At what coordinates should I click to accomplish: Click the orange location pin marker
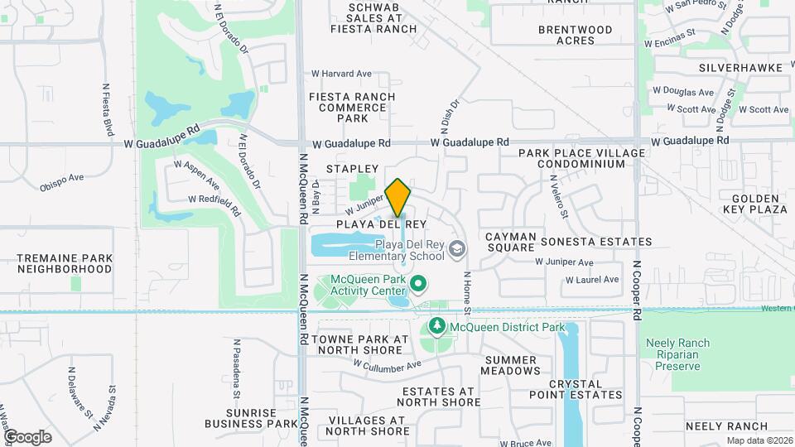coord(398,198)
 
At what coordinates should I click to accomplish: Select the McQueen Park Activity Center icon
coord(418,286)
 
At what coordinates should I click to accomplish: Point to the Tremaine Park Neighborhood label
coord(65,263)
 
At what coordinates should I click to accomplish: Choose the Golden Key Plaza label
coord(755,204)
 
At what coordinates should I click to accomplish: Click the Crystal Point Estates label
coord(585,389)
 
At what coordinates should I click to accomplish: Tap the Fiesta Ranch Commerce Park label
coord(352,108)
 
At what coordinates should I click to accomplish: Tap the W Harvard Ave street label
coord(342,74)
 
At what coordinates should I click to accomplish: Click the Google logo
coord(27,437)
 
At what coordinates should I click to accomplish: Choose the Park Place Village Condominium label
coord(581,159)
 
